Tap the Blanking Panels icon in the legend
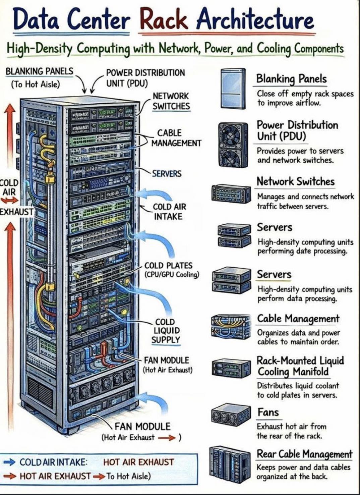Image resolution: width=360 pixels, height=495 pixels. pyautogui.click(x=233, y=88)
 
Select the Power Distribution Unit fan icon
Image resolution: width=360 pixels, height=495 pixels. pyautogui.click(x=233, y=145)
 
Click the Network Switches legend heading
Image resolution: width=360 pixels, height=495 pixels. pyautogui.click(x=296, y=182)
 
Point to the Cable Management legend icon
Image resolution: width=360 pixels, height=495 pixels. pyautogui.click(x=231, y=326)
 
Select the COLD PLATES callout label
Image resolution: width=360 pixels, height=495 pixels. pyautogui.click(x=169, y=265)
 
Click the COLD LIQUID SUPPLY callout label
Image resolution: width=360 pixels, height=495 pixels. pyautogui.click(x=166, y=330)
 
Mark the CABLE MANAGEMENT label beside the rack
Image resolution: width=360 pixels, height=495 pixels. pyautogui.click(x=176, y=138)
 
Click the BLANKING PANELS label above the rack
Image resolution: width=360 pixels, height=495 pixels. pyautogui.click(x=39, y=71)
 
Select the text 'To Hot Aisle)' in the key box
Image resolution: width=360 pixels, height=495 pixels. pyautogui.click(x=128, y=476)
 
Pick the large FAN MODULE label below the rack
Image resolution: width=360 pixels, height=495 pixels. pyautogui.click(x=142, y=426)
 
